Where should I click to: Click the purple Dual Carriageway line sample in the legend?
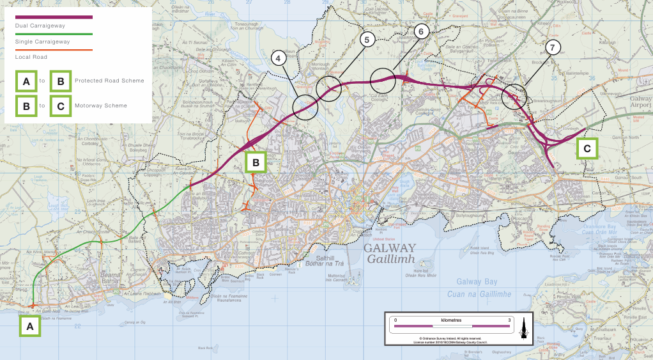point(54,17)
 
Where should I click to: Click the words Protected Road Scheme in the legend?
point(109,81)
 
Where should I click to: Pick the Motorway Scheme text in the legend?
point(101,106)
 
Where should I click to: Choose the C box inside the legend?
point(60,106)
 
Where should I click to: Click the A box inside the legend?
point(26,82)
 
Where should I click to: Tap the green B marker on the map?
point(256,162)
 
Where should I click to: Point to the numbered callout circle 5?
point(366,40)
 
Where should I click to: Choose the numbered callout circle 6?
point(420,31)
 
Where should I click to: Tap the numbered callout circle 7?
point(553,48)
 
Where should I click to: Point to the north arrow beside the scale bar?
point(523,327)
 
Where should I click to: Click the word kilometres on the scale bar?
point(452,319)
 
